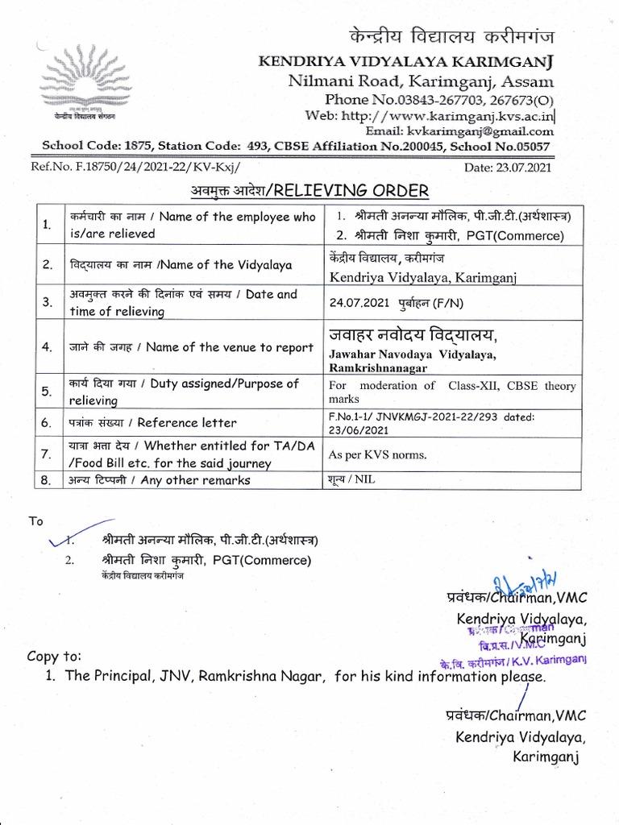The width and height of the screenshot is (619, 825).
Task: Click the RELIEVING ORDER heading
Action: (x=347, y=190)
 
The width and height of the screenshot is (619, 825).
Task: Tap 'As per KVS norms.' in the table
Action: (x=377, y=454)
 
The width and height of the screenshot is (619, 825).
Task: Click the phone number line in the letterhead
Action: (x=438, y=99)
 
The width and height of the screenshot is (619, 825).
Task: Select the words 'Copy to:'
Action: (x=54, y=656)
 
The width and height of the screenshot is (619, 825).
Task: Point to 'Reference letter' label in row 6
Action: (x=188, y=422)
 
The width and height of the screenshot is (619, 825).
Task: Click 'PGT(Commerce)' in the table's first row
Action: (x=522, y=236)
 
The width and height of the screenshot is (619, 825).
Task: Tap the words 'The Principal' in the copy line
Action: (x=104, y=676)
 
